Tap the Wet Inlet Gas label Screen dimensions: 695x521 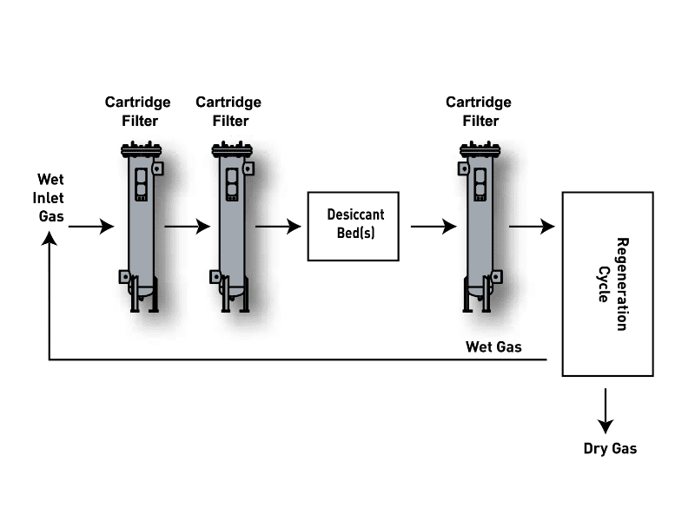coord(49,198)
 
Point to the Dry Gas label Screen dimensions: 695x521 coord(610,448)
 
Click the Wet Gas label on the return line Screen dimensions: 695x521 coord(493,346)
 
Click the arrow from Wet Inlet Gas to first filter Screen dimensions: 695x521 coord(91,227)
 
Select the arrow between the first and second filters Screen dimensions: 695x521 coord(188,227)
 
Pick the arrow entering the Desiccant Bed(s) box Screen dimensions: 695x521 coord(278,227)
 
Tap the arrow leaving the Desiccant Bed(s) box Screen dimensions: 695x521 coord(434,227)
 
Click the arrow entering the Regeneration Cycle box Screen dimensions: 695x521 coord(532,227)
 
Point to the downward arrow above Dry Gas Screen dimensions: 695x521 coord(606,411)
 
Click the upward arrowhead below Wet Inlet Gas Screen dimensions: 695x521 coord(50,240)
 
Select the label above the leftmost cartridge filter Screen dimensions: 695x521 coord(138,111)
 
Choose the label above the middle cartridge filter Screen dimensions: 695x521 coord(228,111)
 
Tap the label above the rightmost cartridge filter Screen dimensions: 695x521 coord(479,111)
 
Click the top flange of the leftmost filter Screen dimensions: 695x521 coord(141,150)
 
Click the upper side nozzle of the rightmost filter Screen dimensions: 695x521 coord(464,168)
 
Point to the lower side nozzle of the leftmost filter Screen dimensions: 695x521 coord(125,277)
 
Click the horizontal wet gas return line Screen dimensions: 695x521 coord(298,359)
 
